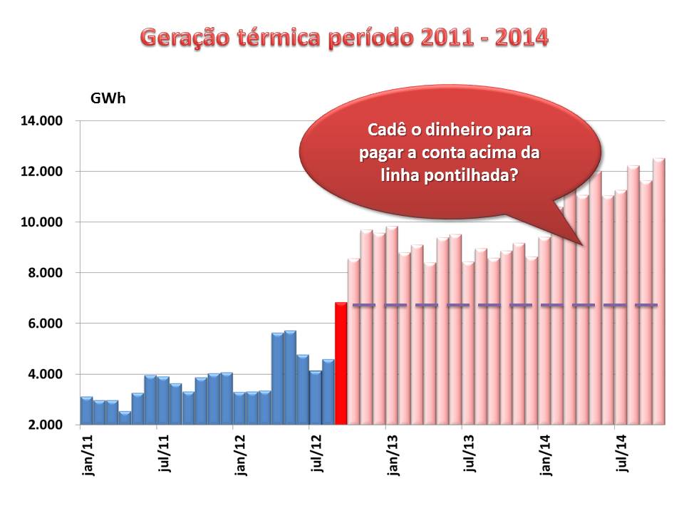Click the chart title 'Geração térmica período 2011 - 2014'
pos(345,37)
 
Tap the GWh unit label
pos(108,98)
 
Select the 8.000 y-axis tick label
pos(46,273)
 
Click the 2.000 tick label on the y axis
pos(46,425)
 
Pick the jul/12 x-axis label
pos(316,455)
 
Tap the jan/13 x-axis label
pos(392,455)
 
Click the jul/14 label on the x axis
pos(621,455)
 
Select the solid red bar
pos(341,363)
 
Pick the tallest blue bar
pos(290,378)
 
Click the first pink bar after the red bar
pos(353,342)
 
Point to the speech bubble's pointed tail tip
pos(582,245)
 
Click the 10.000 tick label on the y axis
pos(46,222)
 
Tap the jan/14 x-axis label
pos(545,455)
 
